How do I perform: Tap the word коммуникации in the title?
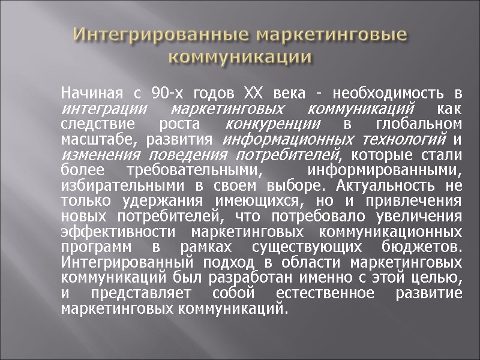pos(240,58)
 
